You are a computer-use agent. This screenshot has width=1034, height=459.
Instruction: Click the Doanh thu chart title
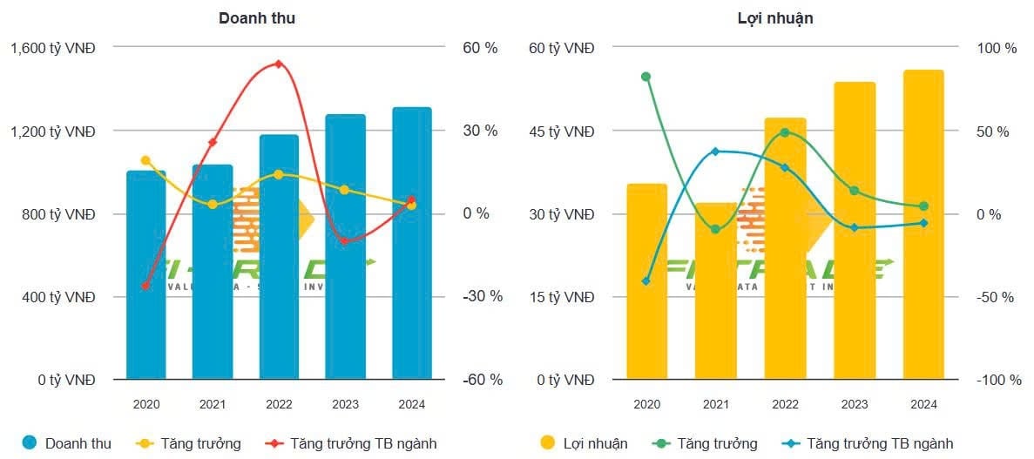257,17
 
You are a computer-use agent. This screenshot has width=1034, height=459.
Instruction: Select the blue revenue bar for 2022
279,261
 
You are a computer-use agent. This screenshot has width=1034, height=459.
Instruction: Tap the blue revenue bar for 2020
145,279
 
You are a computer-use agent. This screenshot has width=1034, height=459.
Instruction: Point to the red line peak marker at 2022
279,64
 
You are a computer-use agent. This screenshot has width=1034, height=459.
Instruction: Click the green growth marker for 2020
645,77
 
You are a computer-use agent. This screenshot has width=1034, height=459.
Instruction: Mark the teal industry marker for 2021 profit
715,152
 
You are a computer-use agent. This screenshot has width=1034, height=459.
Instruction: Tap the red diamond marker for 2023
344,240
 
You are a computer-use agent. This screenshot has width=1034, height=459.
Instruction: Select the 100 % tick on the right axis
997,49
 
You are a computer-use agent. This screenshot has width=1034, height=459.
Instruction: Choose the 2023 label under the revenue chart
345,404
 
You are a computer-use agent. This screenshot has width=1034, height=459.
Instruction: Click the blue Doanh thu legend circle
30,443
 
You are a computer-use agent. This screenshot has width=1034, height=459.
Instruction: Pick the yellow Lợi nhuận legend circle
548,443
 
